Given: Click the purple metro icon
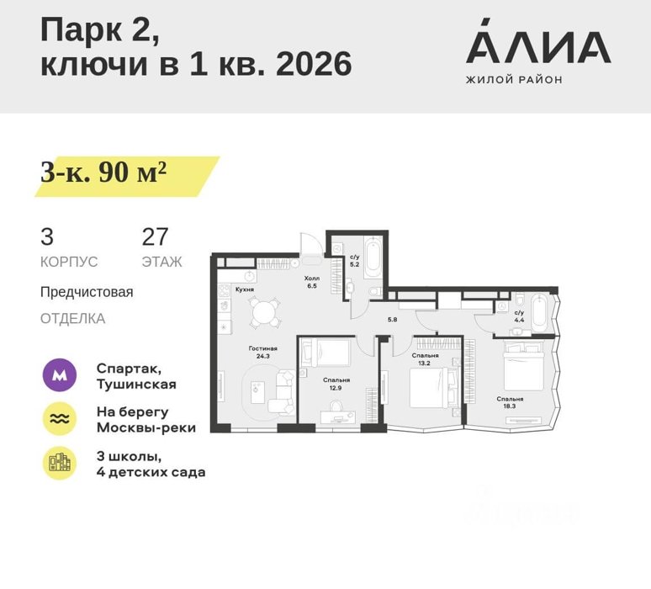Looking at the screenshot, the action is tap(60, 375).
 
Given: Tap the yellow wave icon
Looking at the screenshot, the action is tap(60, 419).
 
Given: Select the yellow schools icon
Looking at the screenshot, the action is tap(60, 463).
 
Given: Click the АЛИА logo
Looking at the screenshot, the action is tap(538, 40).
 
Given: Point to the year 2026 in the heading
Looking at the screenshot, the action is tap(314, 65).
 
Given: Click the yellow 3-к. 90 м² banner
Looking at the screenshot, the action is tap(127, 176).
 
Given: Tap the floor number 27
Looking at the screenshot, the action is tap(155, 236).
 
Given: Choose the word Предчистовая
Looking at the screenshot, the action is tap(87, 292).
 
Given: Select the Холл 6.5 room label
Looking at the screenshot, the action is tap(312, 282).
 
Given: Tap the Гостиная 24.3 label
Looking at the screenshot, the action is tap(262, 353).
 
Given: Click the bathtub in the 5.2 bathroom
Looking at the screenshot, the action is tap(373, 258).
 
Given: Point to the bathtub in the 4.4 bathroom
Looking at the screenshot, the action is tap(540, 313).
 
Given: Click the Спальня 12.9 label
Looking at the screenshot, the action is tap(336, 385).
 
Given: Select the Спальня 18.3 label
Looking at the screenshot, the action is tap(510, 402).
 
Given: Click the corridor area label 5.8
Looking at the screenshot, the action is tap(392, 320).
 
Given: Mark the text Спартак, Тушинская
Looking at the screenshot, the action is tap(136, 376).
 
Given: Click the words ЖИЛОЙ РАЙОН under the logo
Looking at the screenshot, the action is tap(514, 79).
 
